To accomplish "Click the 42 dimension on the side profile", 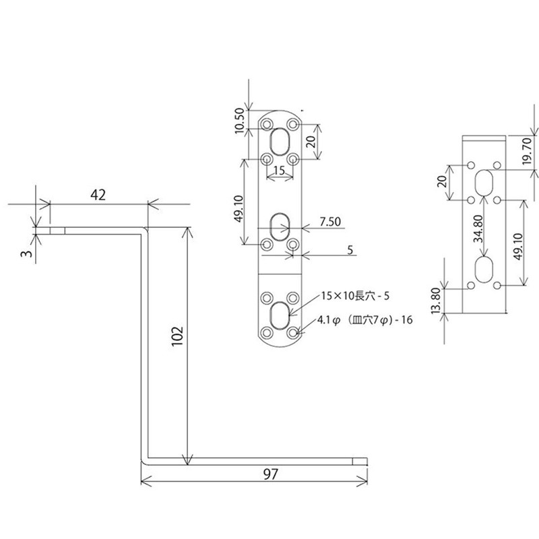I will (98, 195).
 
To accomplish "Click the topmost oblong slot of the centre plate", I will (279, 142).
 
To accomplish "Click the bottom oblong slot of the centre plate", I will (279, 313).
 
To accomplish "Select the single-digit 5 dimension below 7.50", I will (350, 250).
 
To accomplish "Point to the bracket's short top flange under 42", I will (94, 230).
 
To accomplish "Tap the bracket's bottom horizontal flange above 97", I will (256, 462).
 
